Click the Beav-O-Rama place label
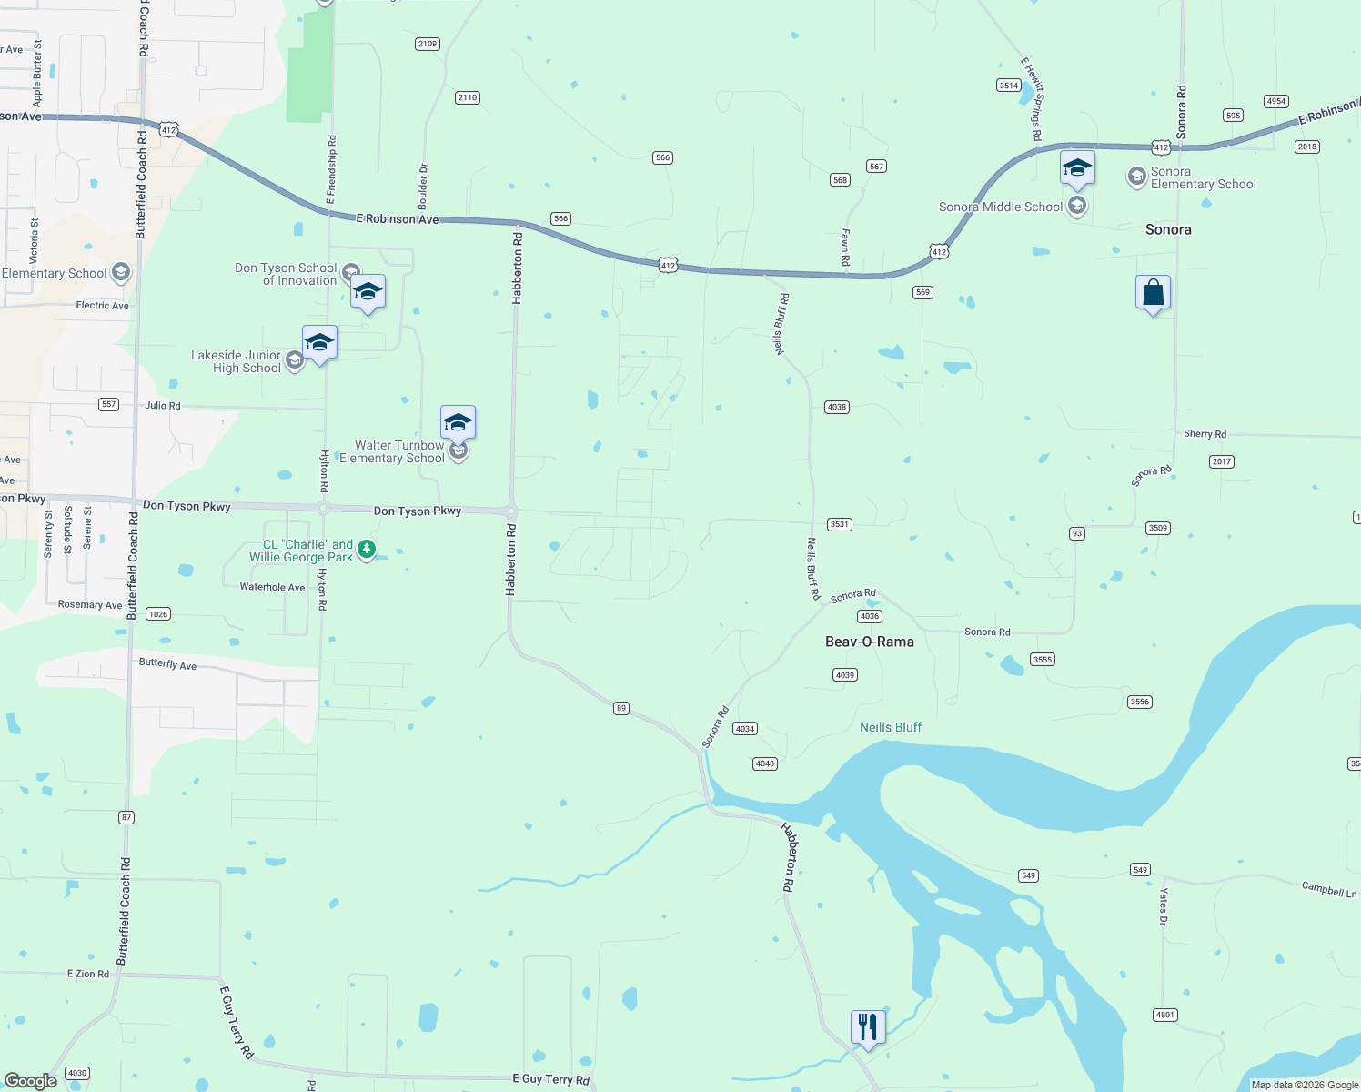coord(869,642)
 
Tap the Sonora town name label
coord(1168,229)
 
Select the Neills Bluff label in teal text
coord(890,727)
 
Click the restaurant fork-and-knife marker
coord(868,1027)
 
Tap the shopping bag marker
coord(1153,293)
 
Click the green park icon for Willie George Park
coord(367,549)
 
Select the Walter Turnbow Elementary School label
coord(392,451)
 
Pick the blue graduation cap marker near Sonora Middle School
coord(1077,168)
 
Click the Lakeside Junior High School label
coord(236,361)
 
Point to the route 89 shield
coord(621,708)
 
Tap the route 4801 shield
coord(1164,1015)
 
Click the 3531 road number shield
coord(839,524)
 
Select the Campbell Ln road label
coord(1328,889)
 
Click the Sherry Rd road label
coord(1205,434)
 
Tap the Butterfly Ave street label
coord(167,664)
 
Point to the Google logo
coord(31,1080)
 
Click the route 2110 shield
coord(468,97)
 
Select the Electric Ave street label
coord(102,306)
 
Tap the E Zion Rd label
coord(88,974)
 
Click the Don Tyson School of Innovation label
coord(286,274)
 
